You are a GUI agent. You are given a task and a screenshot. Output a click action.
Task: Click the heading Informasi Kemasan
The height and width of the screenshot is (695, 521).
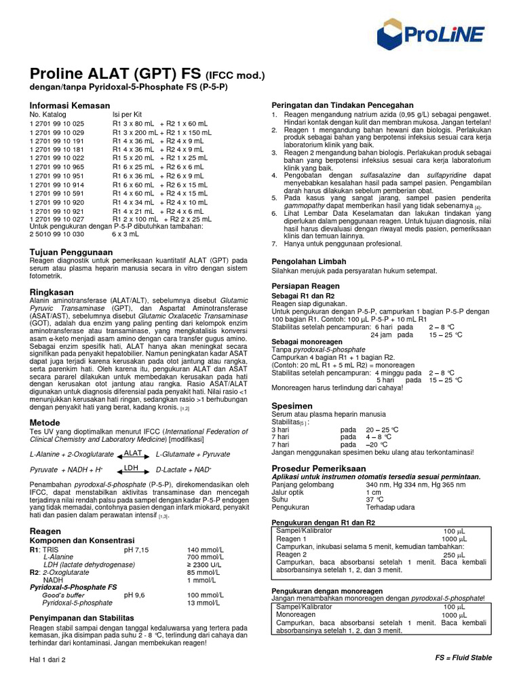(x=69, y=105)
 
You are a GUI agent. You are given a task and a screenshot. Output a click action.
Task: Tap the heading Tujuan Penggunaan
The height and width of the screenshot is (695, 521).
(x=71, y=252)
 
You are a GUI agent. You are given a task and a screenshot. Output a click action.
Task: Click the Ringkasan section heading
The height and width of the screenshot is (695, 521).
(x=51, y=291)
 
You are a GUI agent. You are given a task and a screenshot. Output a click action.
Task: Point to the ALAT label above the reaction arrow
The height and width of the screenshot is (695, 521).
(x=133, y=452)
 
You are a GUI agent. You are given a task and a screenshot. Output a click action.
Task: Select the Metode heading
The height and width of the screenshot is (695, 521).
(x=45, y=422)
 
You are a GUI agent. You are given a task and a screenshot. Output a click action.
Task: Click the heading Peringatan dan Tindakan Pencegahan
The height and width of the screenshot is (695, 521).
(x=343, y=105)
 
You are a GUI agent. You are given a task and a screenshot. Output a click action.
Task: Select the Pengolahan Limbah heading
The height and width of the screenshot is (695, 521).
(x=309, y=261)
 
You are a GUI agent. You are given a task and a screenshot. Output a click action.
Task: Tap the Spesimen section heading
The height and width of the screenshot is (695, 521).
(x=292, y=405)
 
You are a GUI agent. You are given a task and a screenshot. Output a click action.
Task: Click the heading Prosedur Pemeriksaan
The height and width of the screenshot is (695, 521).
(x=319, y=468)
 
